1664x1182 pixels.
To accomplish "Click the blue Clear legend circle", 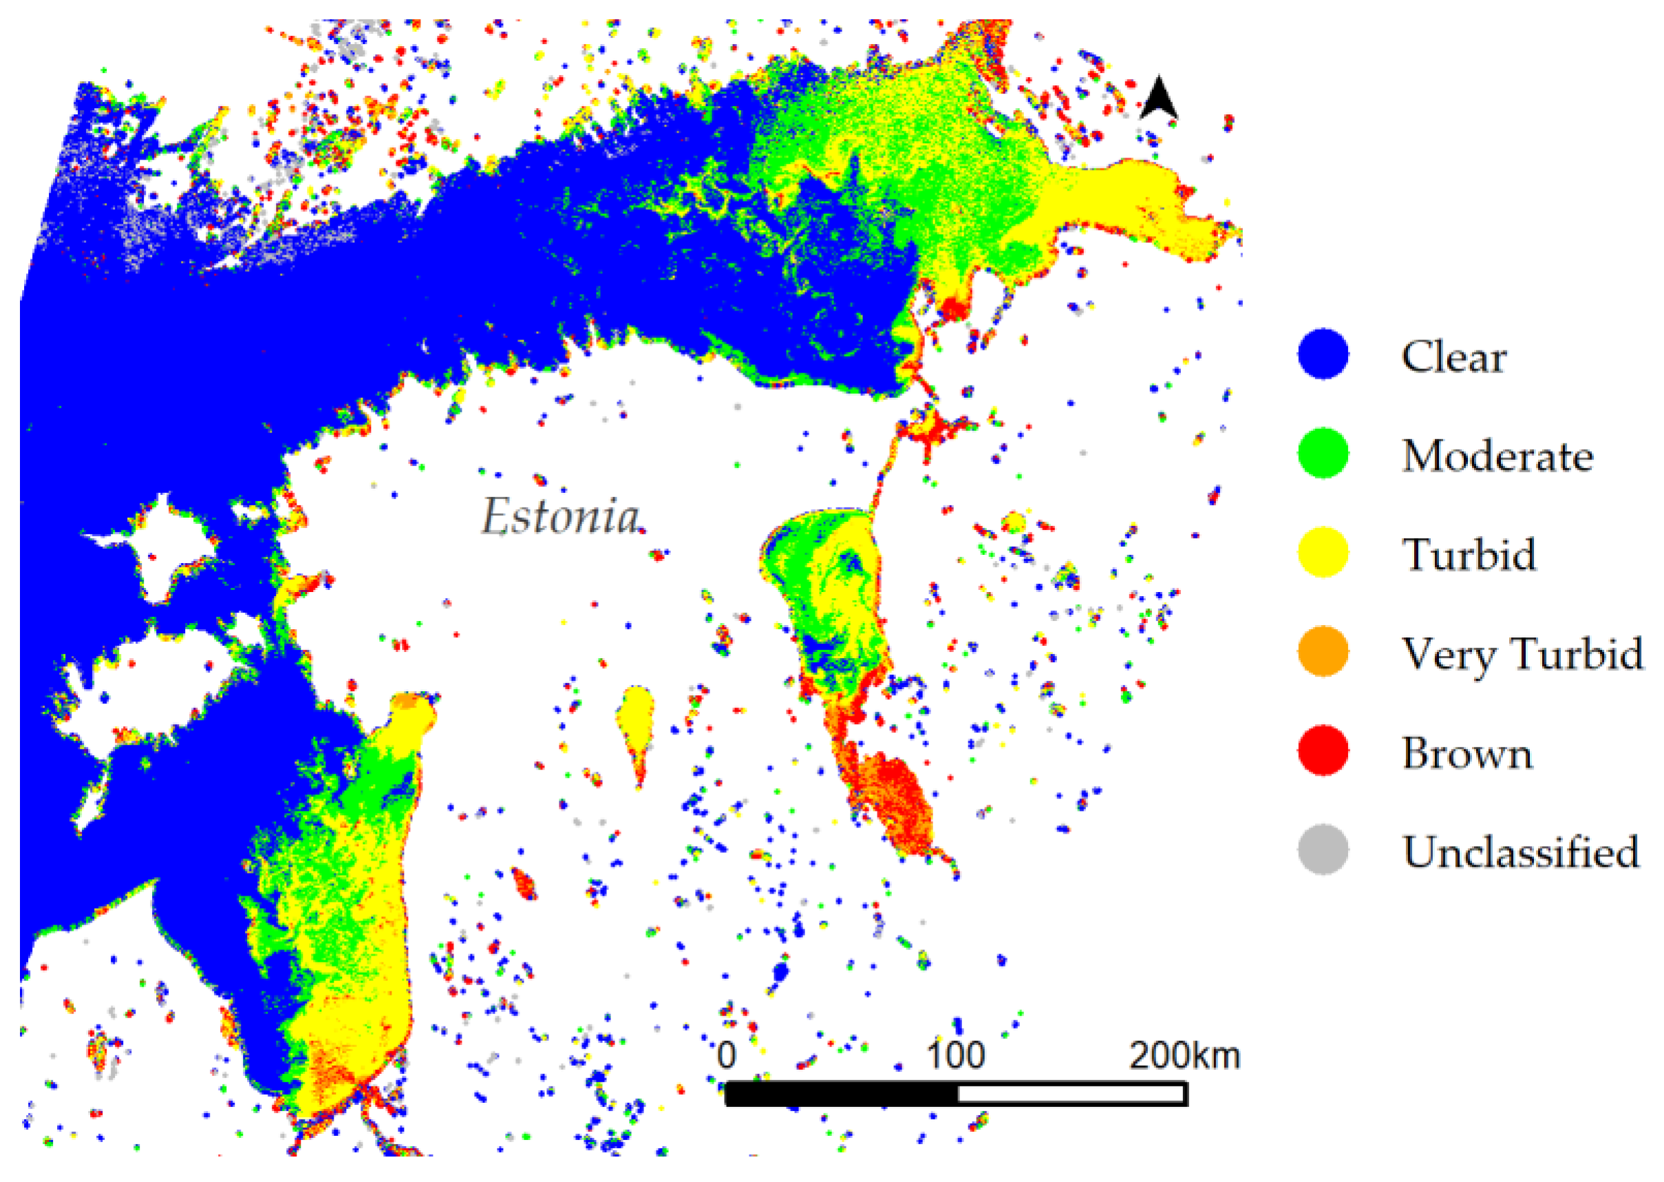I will click(1323, 355).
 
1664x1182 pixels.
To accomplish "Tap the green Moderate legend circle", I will click(1323, 454).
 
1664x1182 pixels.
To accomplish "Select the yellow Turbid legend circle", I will click(1323, 552).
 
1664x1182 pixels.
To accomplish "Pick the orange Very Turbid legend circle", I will click(1323, 651).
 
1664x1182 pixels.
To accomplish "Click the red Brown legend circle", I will click(1323, 750).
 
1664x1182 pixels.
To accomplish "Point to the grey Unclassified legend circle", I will click(1323, 849).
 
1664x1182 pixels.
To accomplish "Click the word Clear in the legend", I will click(1453, 357).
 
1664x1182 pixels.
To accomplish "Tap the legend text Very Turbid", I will click(1522, 653).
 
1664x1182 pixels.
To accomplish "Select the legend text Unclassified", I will click(1521, 852).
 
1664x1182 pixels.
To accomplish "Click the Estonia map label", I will click(561, 517).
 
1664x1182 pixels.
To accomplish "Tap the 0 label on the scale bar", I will click(726, 1055).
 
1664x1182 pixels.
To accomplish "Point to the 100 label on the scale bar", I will click(955, 1055).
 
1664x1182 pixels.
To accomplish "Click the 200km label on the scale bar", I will click(1184, 1055).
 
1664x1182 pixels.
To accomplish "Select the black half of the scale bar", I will click(842, 1094).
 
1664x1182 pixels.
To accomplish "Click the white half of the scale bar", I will click(1071, 1094).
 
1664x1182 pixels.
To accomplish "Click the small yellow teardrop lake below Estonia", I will click(636, 721).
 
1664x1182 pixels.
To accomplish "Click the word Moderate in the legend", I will click(1497, 456).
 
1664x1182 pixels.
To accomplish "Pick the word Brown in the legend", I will click(1466, 752).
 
